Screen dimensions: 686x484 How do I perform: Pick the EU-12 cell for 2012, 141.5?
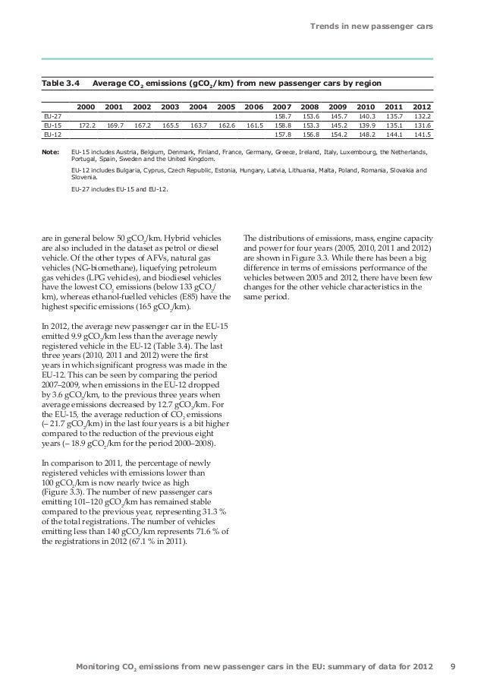point(422,134)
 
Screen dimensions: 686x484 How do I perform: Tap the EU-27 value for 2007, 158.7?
point(282,117)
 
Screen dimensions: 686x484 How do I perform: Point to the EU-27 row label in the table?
point(52,117)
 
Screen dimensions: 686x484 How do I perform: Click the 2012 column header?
point(422,107)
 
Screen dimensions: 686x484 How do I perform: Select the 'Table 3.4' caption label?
point(58,83)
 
